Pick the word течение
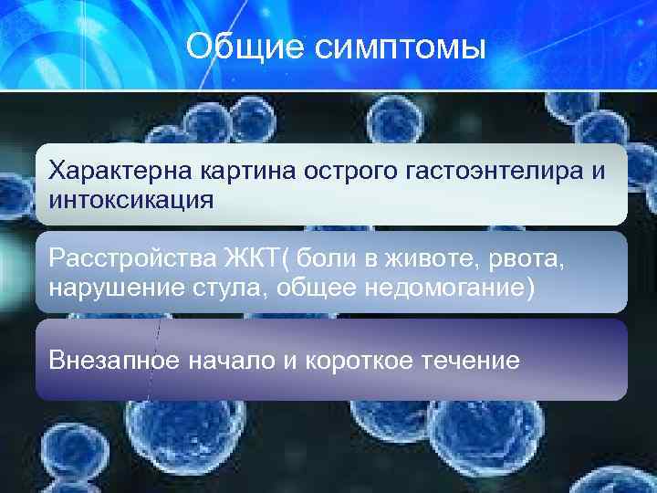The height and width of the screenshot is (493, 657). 474,361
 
